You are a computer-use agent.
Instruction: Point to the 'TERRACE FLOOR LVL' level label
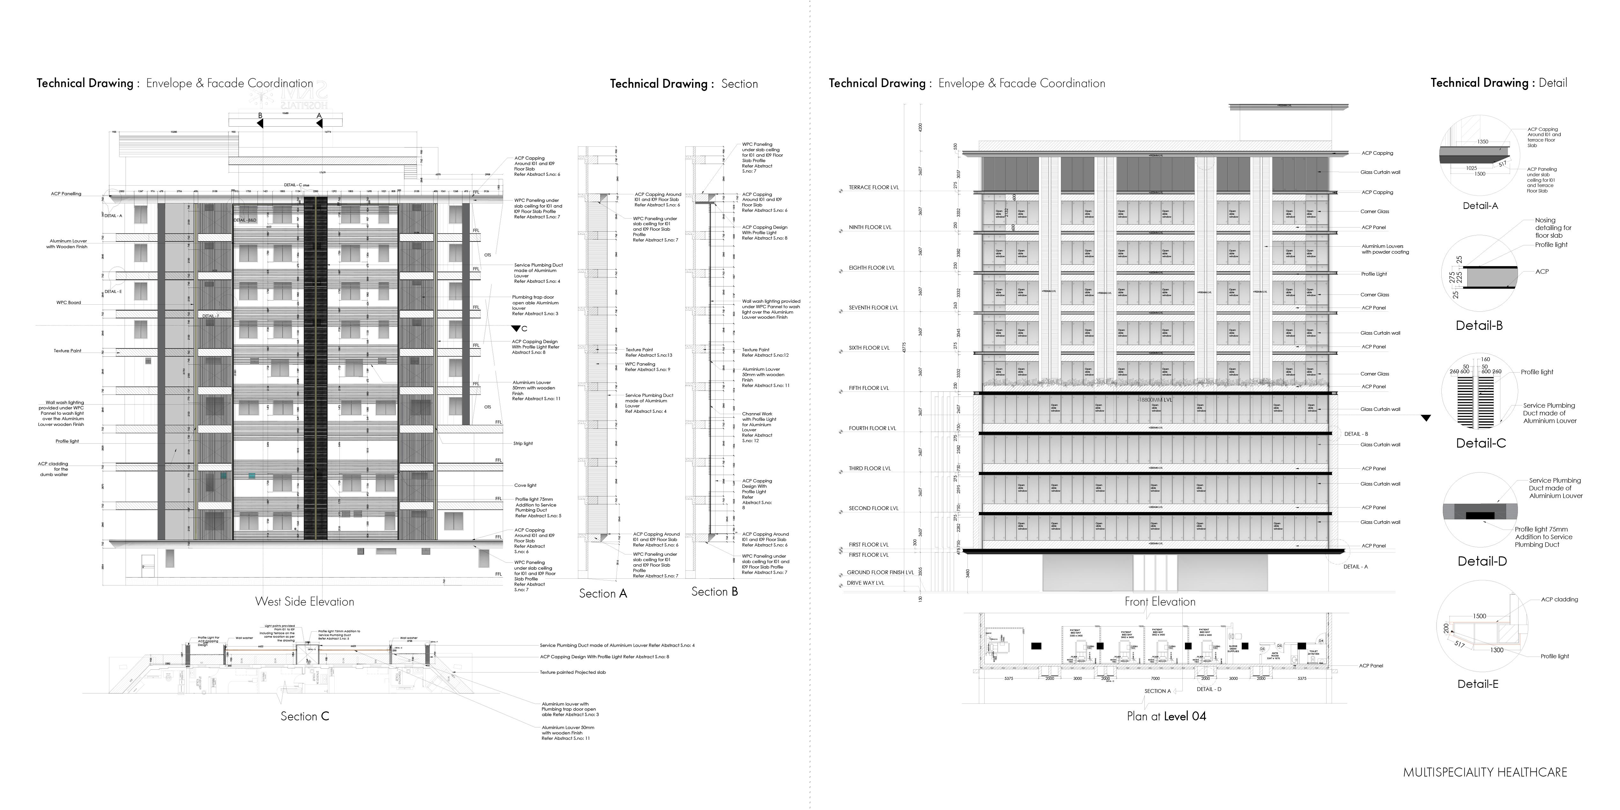(874, 187)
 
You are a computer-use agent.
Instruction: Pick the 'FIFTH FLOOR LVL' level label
(869, 388)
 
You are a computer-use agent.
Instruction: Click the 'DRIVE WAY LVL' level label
(865, 583)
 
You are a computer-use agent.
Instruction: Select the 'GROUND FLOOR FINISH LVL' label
(880, 572)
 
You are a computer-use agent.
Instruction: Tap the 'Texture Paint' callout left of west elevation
(67, 351)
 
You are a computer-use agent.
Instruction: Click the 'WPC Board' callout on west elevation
(69, 302)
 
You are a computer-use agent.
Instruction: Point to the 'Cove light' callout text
(525, 486)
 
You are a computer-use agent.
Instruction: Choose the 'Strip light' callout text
(522, 443)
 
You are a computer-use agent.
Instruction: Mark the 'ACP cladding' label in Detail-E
(1559, 599)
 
